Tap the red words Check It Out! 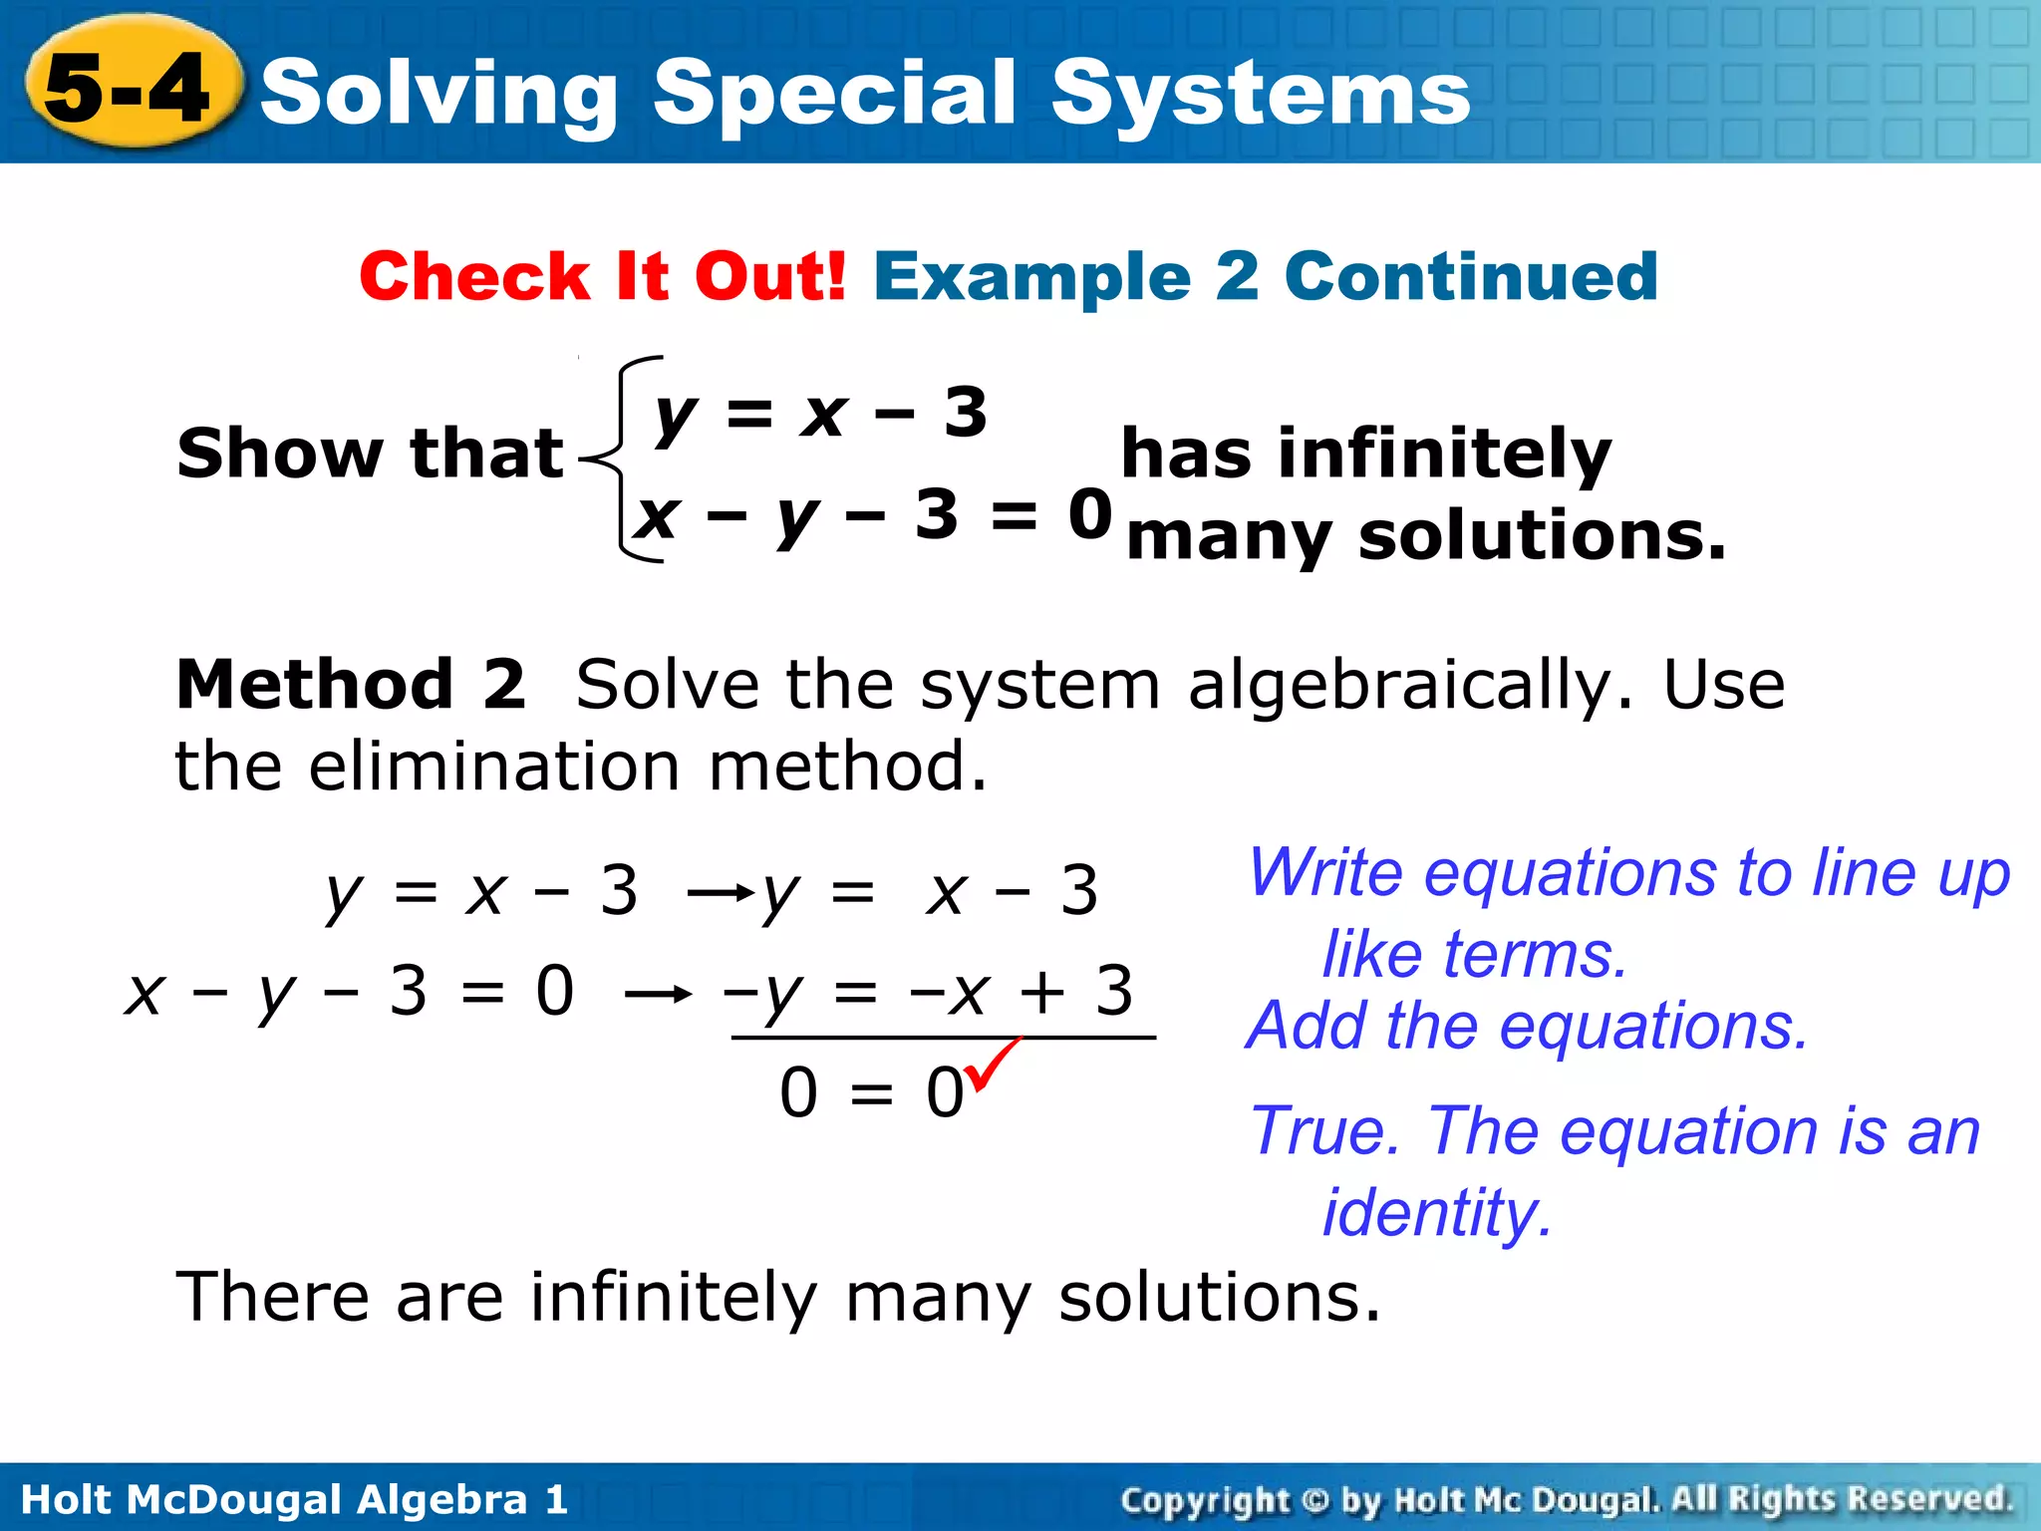[602, 276]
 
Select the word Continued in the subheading [1471, 276]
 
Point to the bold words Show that [370, 454]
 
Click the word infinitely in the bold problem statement [1444, 454]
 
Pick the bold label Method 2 [350, 685]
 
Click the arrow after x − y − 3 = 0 [658, 994]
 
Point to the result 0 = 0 [871, 1093]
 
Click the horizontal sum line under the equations [943, 1038]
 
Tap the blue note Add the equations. [1526, 1026]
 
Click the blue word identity [1436, 1213]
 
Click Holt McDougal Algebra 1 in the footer [294, 1499]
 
